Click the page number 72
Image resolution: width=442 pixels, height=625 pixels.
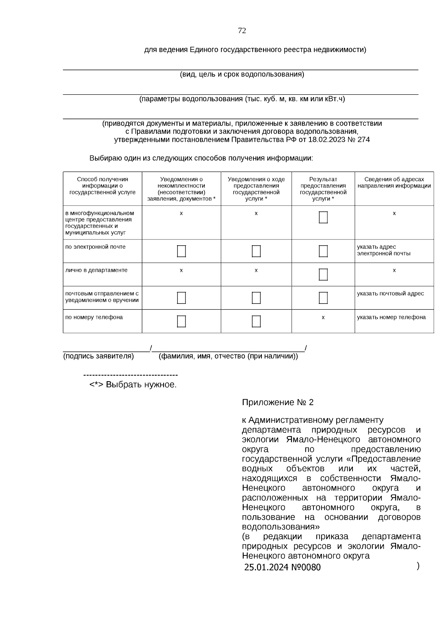(x=242, y=31)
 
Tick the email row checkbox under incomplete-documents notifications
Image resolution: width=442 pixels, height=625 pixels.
(x=181, y=251)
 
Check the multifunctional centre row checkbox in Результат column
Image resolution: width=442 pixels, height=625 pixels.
(x=323, y=217)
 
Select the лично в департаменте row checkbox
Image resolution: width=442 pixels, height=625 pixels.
(x=323, y=274)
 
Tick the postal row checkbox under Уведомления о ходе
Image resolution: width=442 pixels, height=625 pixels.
(x=256, y=298)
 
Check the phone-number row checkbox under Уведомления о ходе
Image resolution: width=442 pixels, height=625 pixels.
(x=256, y=321)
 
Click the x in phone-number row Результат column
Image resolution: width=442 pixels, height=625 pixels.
(x=323, y=317)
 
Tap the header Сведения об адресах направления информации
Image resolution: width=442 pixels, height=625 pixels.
(x=394, y=182)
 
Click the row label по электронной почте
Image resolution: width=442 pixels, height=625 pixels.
(x=95, y=247)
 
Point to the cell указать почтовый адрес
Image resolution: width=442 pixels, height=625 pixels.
(x=390, y=294)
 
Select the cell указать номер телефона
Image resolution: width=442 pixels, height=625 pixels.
(x=391, y=317)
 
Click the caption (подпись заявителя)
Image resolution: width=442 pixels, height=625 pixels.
(x=98, y=356)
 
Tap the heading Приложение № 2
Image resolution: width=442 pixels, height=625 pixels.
(x=277, y=402)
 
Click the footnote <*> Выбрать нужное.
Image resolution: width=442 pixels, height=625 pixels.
(x=133, y=385)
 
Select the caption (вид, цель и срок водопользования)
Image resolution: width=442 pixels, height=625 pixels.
(x=242, y=74)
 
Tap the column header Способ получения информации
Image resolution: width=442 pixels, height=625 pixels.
(x=102, y=186)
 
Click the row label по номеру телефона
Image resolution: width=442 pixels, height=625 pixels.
(x=94, y=317)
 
